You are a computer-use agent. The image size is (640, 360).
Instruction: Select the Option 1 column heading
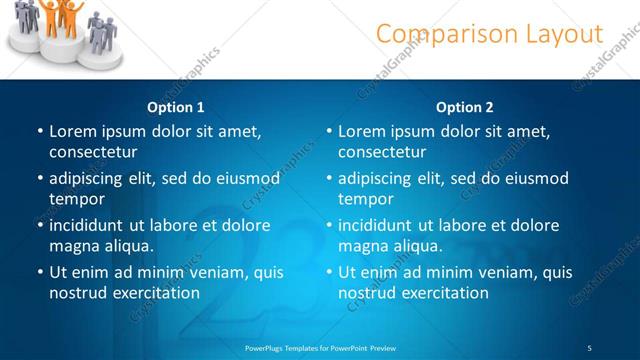point(176,107)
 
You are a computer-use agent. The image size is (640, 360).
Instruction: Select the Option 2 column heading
point(465,107)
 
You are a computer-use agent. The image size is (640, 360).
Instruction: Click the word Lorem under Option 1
point(73,131)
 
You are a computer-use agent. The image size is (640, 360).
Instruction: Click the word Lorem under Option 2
point(362,131)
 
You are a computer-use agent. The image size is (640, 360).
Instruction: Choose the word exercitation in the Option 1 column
point(158,293)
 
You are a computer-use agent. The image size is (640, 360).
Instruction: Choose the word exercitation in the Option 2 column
point(447,293)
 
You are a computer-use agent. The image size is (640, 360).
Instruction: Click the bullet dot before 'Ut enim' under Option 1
point(39,272)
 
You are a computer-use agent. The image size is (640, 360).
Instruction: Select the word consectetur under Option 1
point(93,152)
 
